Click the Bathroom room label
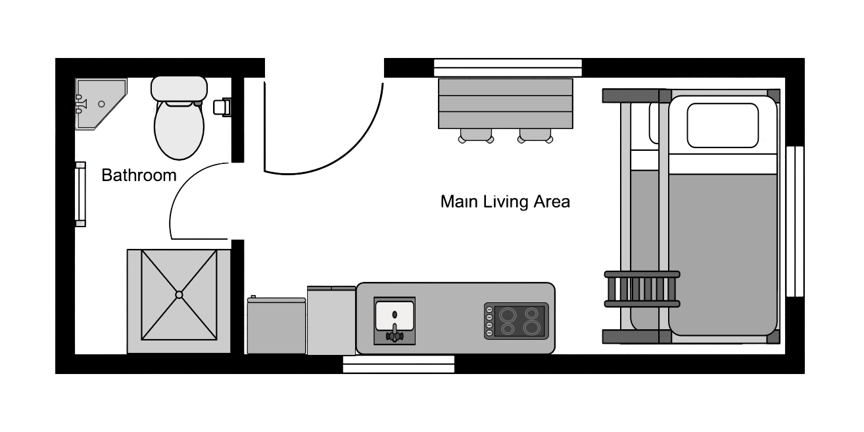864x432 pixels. (139, 175)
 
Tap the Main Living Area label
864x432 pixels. (505, 202)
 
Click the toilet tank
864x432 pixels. (179, 88)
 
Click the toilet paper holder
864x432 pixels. (222, 107)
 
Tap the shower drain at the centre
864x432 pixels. (179, 295)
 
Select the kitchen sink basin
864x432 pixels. (395, 316)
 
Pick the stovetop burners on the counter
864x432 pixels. (516, 321)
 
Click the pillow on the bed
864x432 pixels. (723, 125)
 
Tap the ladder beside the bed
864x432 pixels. (642, 289)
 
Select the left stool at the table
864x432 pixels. (476, 136)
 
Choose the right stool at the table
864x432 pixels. (535, 136)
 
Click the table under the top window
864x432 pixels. (505, 103)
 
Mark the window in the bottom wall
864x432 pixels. (398, 364)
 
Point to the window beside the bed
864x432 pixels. (795, 221)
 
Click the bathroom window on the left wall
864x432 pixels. (80, 194)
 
